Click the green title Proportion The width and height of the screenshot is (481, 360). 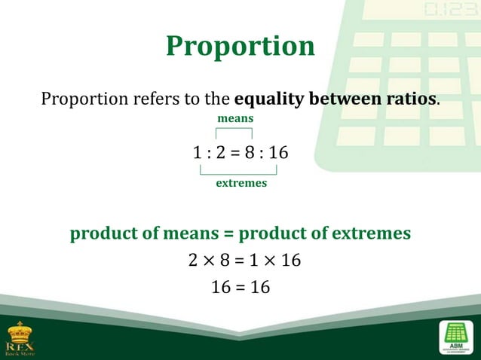coord(240,46)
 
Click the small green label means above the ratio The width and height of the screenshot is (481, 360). coord(235,119)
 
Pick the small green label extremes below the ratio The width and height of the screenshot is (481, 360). coord(241,183)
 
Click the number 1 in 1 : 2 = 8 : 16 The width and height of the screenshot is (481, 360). coord(198,153)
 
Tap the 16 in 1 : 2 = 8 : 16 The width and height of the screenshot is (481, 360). coord(278,153)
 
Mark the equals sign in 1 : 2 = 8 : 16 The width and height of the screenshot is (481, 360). coord(234,154)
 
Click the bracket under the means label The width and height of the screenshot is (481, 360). coord(234,131)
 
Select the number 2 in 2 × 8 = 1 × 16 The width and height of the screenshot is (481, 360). coord(193,261)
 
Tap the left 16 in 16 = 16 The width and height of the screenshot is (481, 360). coord(222,288)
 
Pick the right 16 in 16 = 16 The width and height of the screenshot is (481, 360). coord(259,288)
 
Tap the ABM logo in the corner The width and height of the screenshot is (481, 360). coord(455,337)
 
